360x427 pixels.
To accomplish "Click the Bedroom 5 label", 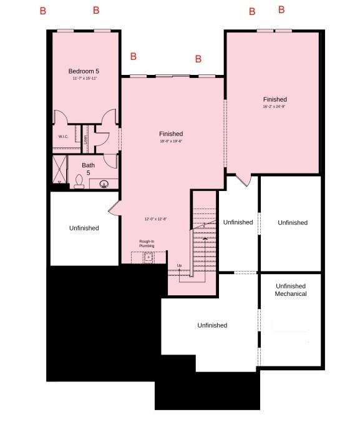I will tap(84, 71).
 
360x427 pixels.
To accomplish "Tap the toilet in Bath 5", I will tap(79, 182).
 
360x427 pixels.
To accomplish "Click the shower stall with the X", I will tap(60, 169).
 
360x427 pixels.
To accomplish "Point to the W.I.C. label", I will tap(63, 136).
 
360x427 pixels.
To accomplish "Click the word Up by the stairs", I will tap(179, 265).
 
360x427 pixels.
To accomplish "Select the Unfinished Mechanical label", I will tap(291, 290).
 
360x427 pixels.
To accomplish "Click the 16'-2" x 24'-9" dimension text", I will tap(275, 107).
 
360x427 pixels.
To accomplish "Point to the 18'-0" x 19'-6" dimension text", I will tap(170, 141).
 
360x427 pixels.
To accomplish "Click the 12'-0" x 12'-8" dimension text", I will tap(155, 219).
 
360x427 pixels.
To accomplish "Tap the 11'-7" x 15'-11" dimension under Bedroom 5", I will tap(84, 79).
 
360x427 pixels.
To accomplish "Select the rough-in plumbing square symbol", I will tap(148, 257).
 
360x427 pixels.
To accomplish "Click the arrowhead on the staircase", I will tap(205, 238).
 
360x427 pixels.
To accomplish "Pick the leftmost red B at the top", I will tap(42, 11).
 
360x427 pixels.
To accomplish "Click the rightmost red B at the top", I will tap(281, 10).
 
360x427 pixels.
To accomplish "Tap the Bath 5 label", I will tap(88, 169).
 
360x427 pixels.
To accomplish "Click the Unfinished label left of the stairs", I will tap(84, 228).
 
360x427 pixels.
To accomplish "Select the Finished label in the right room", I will tap(275, 99).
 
